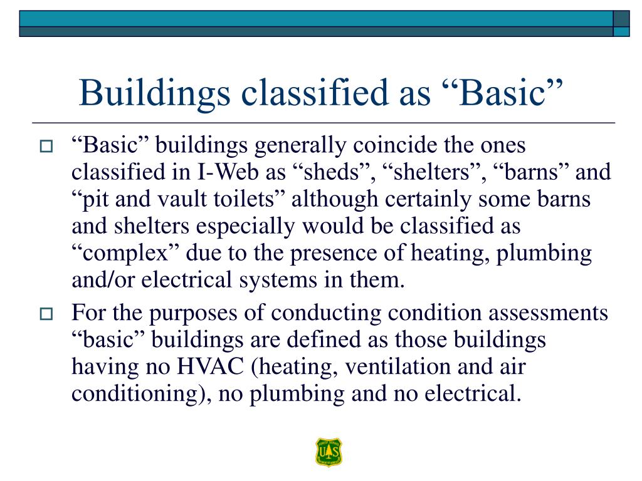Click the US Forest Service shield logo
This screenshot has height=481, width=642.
(x=329, y=452)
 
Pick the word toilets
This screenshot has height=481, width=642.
(x=245, y=199)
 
